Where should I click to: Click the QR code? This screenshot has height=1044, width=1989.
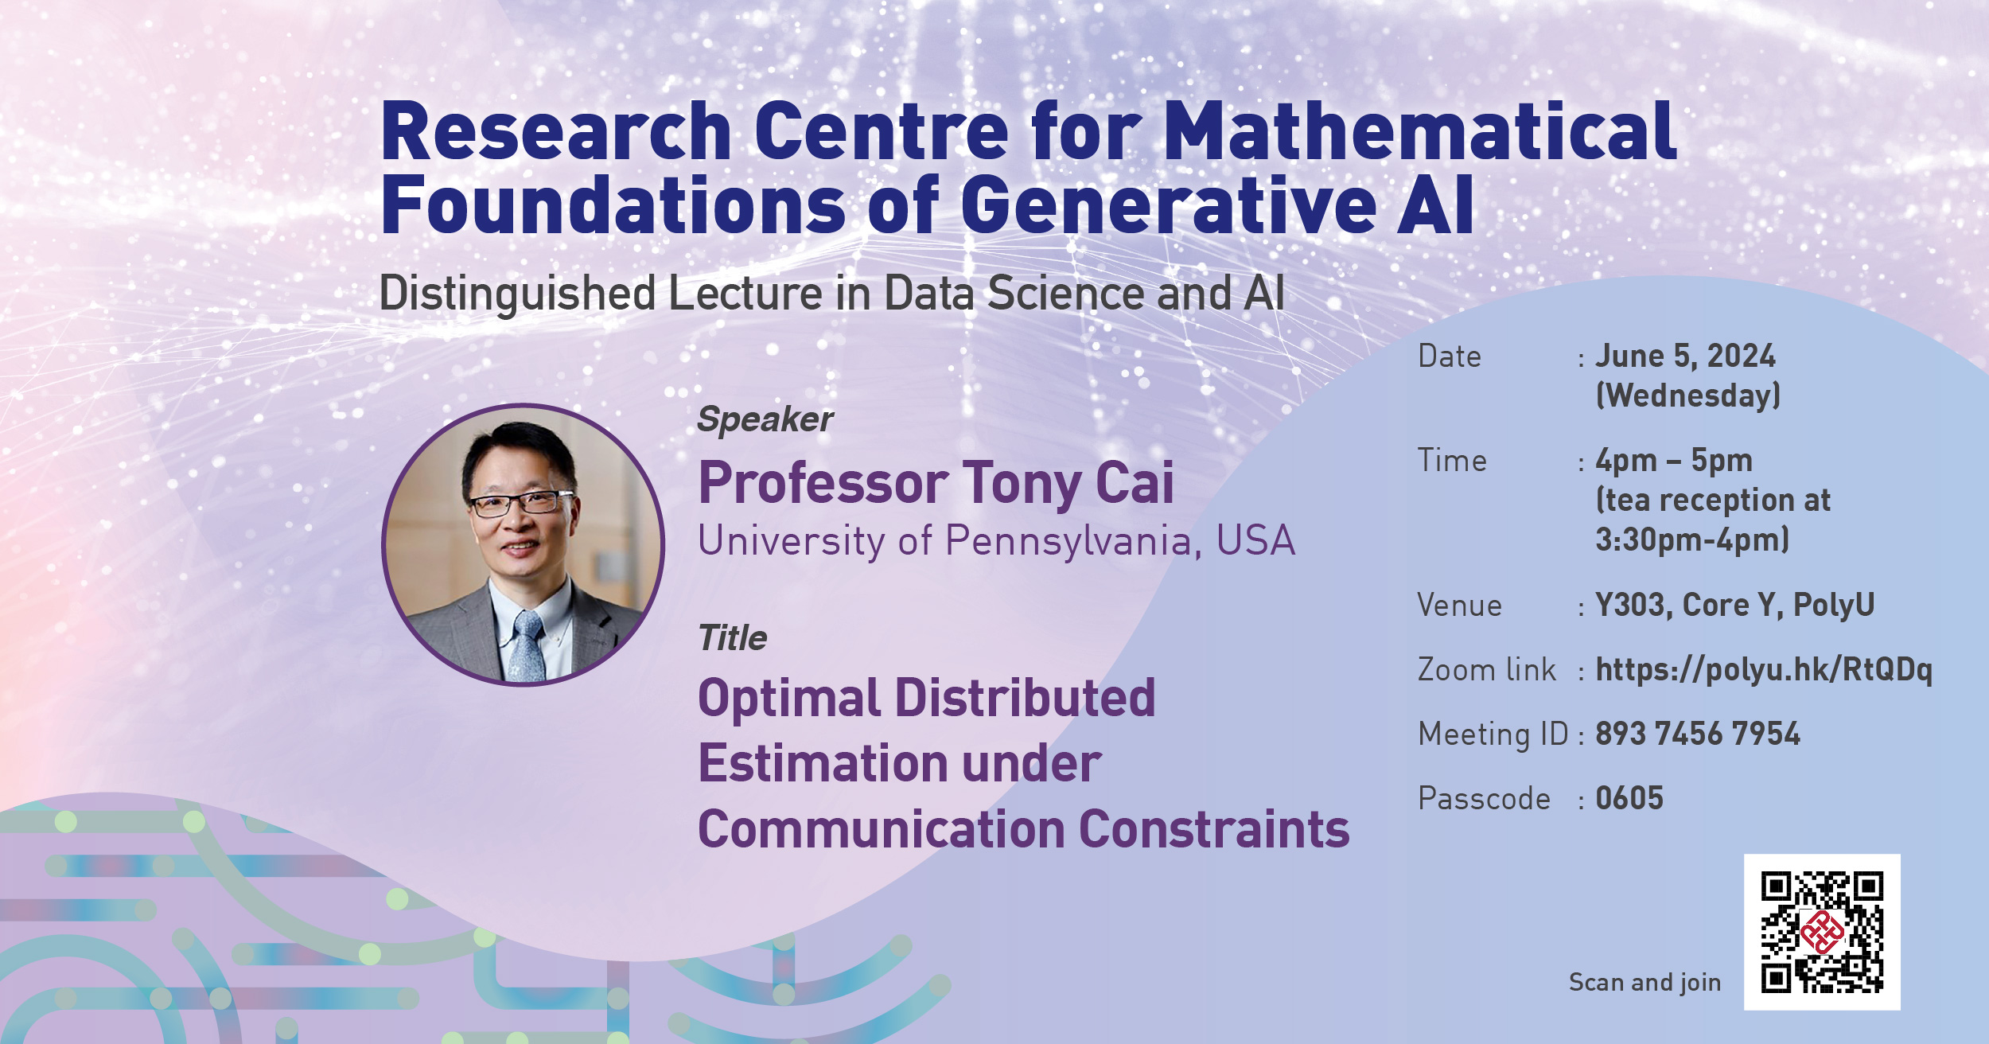(1821, 932)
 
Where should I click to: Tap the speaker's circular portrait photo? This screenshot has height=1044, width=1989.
(523, 545)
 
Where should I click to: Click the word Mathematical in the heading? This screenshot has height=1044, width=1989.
(1419, 131)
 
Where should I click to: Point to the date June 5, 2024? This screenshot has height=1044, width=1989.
(1685, 356)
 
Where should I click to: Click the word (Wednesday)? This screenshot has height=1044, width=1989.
(1687, 395)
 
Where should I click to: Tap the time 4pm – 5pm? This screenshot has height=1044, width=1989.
(1673, 460)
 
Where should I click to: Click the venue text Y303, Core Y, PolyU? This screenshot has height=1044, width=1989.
(1734, 605)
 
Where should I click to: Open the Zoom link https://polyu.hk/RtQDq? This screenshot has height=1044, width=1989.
(1763, 670)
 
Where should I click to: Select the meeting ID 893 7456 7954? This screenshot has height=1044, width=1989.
(1697, 734)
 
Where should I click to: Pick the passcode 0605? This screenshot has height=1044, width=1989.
(1629, 798)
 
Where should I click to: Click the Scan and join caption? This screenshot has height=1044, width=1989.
(1644, 983)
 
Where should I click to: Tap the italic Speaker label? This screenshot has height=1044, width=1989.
(765, 419)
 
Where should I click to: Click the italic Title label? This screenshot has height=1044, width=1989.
(732, 638)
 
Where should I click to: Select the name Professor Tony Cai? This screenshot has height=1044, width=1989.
(935, 483)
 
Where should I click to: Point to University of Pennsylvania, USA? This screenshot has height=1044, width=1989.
(996, 541)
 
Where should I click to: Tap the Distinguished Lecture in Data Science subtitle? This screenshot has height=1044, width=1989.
(831, 293)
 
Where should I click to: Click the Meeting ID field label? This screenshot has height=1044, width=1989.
(1493, 734)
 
